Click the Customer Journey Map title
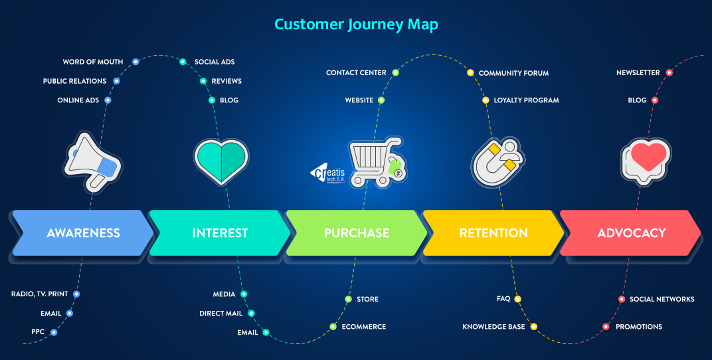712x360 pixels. coord(356,25)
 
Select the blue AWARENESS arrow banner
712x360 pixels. coord(83,233)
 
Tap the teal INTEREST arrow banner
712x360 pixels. coord(220,233)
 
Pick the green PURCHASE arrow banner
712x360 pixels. coord(357,233)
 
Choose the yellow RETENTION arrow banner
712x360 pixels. coord(493,233)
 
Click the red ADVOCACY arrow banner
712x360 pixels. coord(631,233)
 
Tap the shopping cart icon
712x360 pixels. coord(376,161)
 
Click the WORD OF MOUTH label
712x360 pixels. coord(93,62)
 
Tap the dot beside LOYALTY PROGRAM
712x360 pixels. coord(486,100)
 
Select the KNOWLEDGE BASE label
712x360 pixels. coord(493,327)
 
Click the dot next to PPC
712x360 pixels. coord(54,332)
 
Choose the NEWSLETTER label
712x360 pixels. coord(638,72)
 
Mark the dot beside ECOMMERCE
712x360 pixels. coord(333,327)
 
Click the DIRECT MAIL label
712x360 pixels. coord(221,314)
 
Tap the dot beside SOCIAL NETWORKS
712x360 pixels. coord(622,300)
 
